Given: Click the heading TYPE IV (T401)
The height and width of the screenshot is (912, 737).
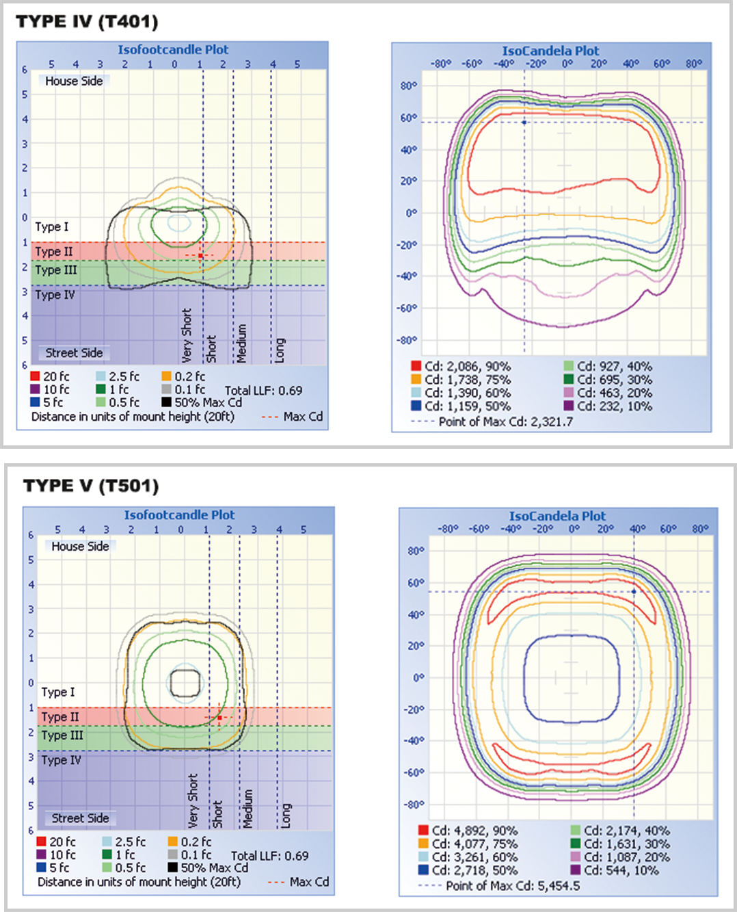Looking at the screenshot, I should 87,22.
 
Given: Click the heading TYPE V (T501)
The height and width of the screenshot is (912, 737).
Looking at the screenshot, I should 91,486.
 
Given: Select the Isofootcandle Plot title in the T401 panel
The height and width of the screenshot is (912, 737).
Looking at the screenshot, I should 173,49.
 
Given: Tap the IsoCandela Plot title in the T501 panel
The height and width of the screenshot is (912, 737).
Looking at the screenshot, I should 557,516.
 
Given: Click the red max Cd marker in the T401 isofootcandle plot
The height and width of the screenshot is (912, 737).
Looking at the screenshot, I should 200,255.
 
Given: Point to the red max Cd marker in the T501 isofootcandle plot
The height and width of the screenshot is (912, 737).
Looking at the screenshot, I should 219,718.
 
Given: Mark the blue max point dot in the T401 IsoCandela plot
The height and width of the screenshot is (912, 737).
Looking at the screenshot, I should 524,122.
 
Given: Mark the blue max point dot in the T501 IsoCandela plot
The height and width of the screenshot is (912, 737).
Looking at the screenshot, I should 634,591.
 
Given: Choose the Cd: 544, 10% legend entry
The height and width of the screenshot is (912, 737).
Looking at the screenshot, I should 621,870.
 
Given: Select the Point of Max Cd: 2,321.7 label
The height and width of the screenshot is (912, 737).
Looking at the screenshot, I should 505,421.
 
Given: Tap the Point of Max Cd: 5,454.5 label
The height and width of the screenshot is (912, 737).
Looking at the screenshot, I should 512,886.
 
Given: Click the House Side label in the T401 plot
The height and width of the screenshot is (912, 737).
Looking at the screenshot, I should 74,81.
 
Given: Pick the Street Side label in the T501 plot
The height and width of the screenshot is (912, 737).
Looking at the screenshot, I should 80,818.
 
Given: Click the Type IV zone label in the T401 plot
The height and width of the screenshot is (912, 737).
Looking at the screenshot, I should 55,295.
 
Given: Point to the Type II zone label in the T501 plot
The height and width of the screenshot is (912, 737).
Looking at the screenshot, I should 60,717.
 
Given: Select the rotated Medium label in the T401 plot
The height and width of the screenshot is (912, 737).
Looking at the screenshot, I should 241,343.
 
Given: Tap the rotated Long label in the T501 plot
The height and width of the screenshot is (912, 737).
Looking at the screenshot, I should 286,816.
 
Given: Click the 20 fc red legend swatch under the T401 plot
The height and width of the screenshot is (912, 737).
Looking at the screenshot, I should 35,376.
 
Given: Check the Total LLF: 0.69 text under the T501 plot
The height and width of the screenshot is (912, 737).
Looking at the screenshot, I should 269,856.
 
